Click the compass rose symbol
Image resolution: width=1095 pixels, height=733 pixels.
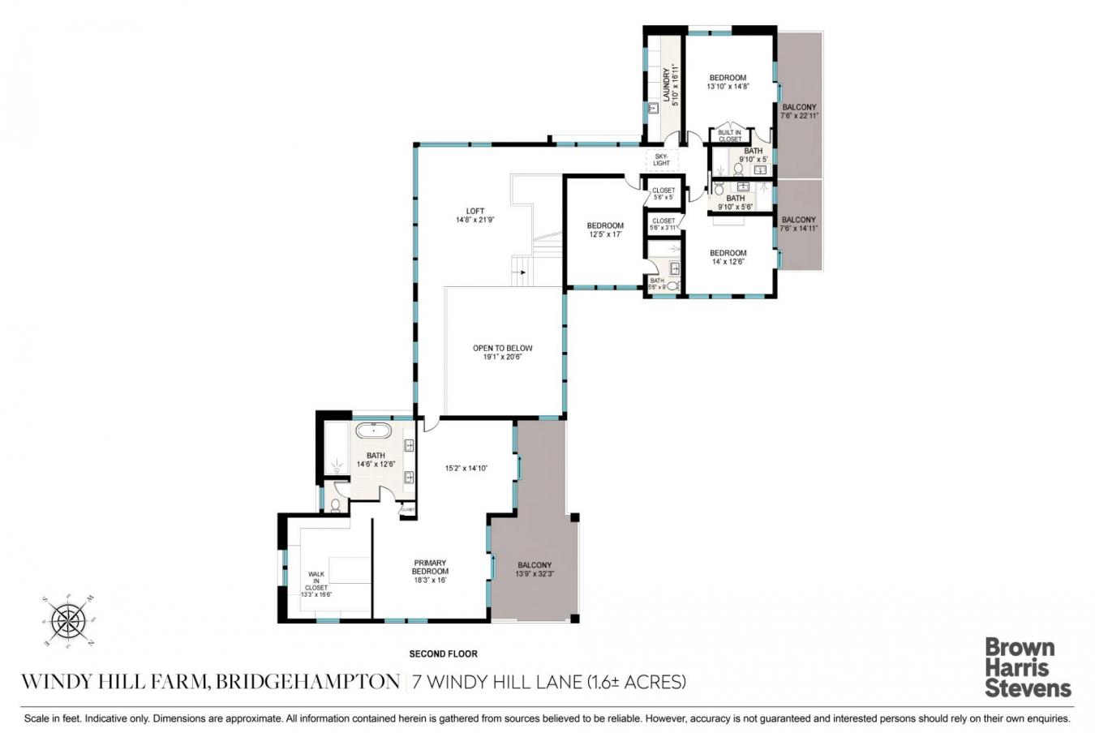[69, 621]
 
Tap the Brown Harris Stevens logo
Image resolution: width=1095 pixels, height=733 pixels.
[1028, 667]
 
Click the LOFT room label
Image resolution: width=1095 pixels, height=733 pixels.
[474, 215]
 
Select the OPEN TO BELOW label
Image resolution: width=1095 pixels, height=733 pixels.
[503, 352]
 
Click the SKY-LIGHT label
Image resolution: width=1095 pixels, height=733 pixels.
[661, 159]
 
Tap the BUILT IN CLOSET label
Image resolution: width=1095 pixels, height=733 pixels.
[729, 135]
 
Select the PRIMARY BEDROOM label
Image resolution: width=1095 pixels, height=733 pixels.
[429, 571]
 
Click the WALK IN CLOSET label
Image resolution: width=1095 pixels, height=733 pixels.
[316, 584]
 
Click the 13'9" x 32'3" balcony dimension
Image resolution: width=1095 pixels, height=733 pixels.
[534, 575]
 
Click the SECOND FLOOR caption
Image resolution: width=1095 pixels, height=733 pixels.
[443, 654]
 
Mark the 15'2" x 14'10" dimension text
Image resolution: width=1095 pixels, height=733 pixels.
[466, 467]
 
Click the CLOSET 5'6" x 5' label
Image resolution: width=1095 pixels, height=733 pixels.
[663, 194]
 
